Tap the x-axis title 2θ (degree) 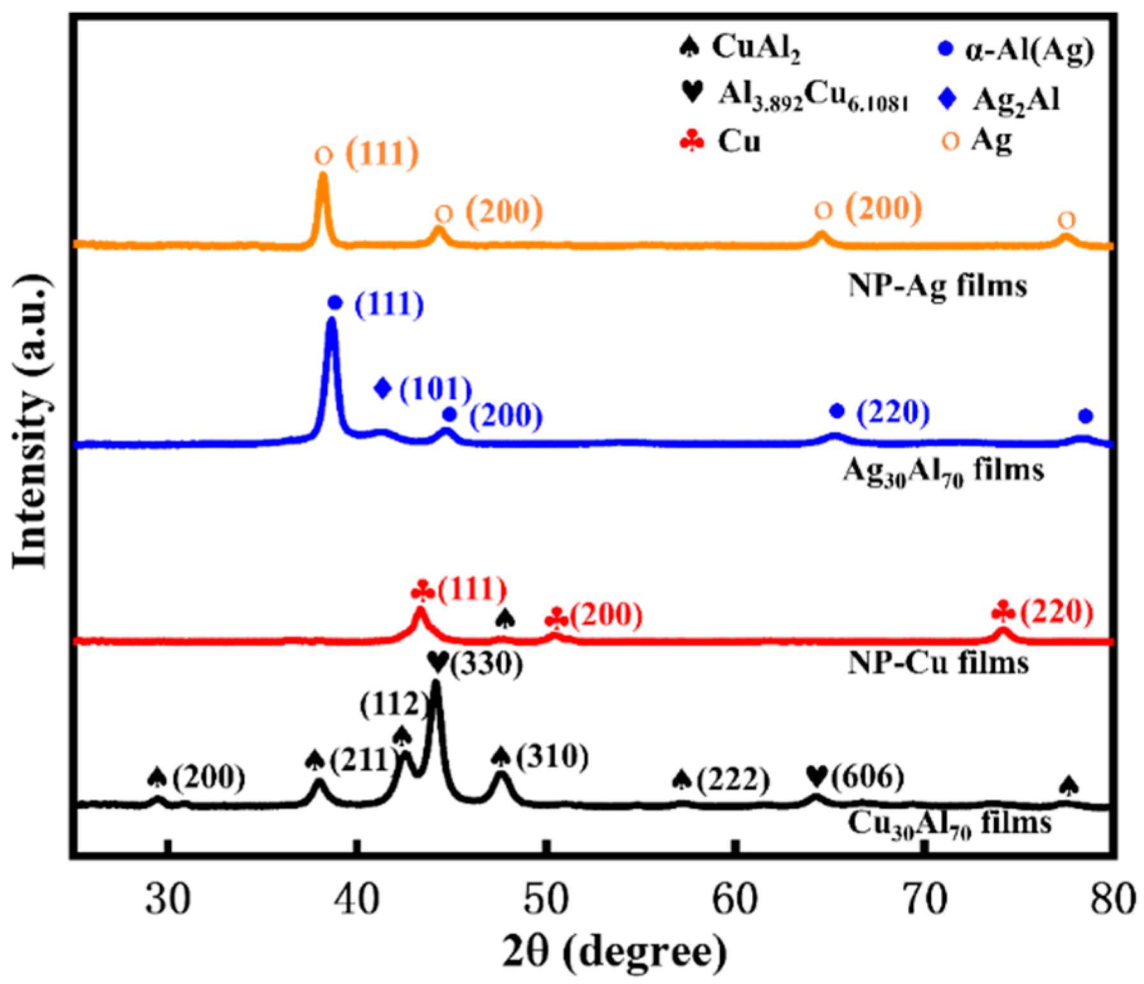coord(614,951)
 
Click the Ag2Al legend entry coord(1000,100)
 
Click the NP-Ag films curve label coord(937,285)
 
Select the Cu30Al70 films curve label coord(948,824)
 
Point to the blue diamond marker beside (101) coord(383,388)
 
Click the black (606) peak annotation coord(867,777)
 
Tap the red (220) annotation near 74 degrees coord(1056,612)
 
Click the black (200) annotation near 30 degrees coord(209,777)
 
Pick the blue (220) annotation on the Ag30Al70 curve coord(893,412)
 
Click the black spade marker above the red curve coord(505,618)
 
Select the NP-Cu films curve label coord(938,663)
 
